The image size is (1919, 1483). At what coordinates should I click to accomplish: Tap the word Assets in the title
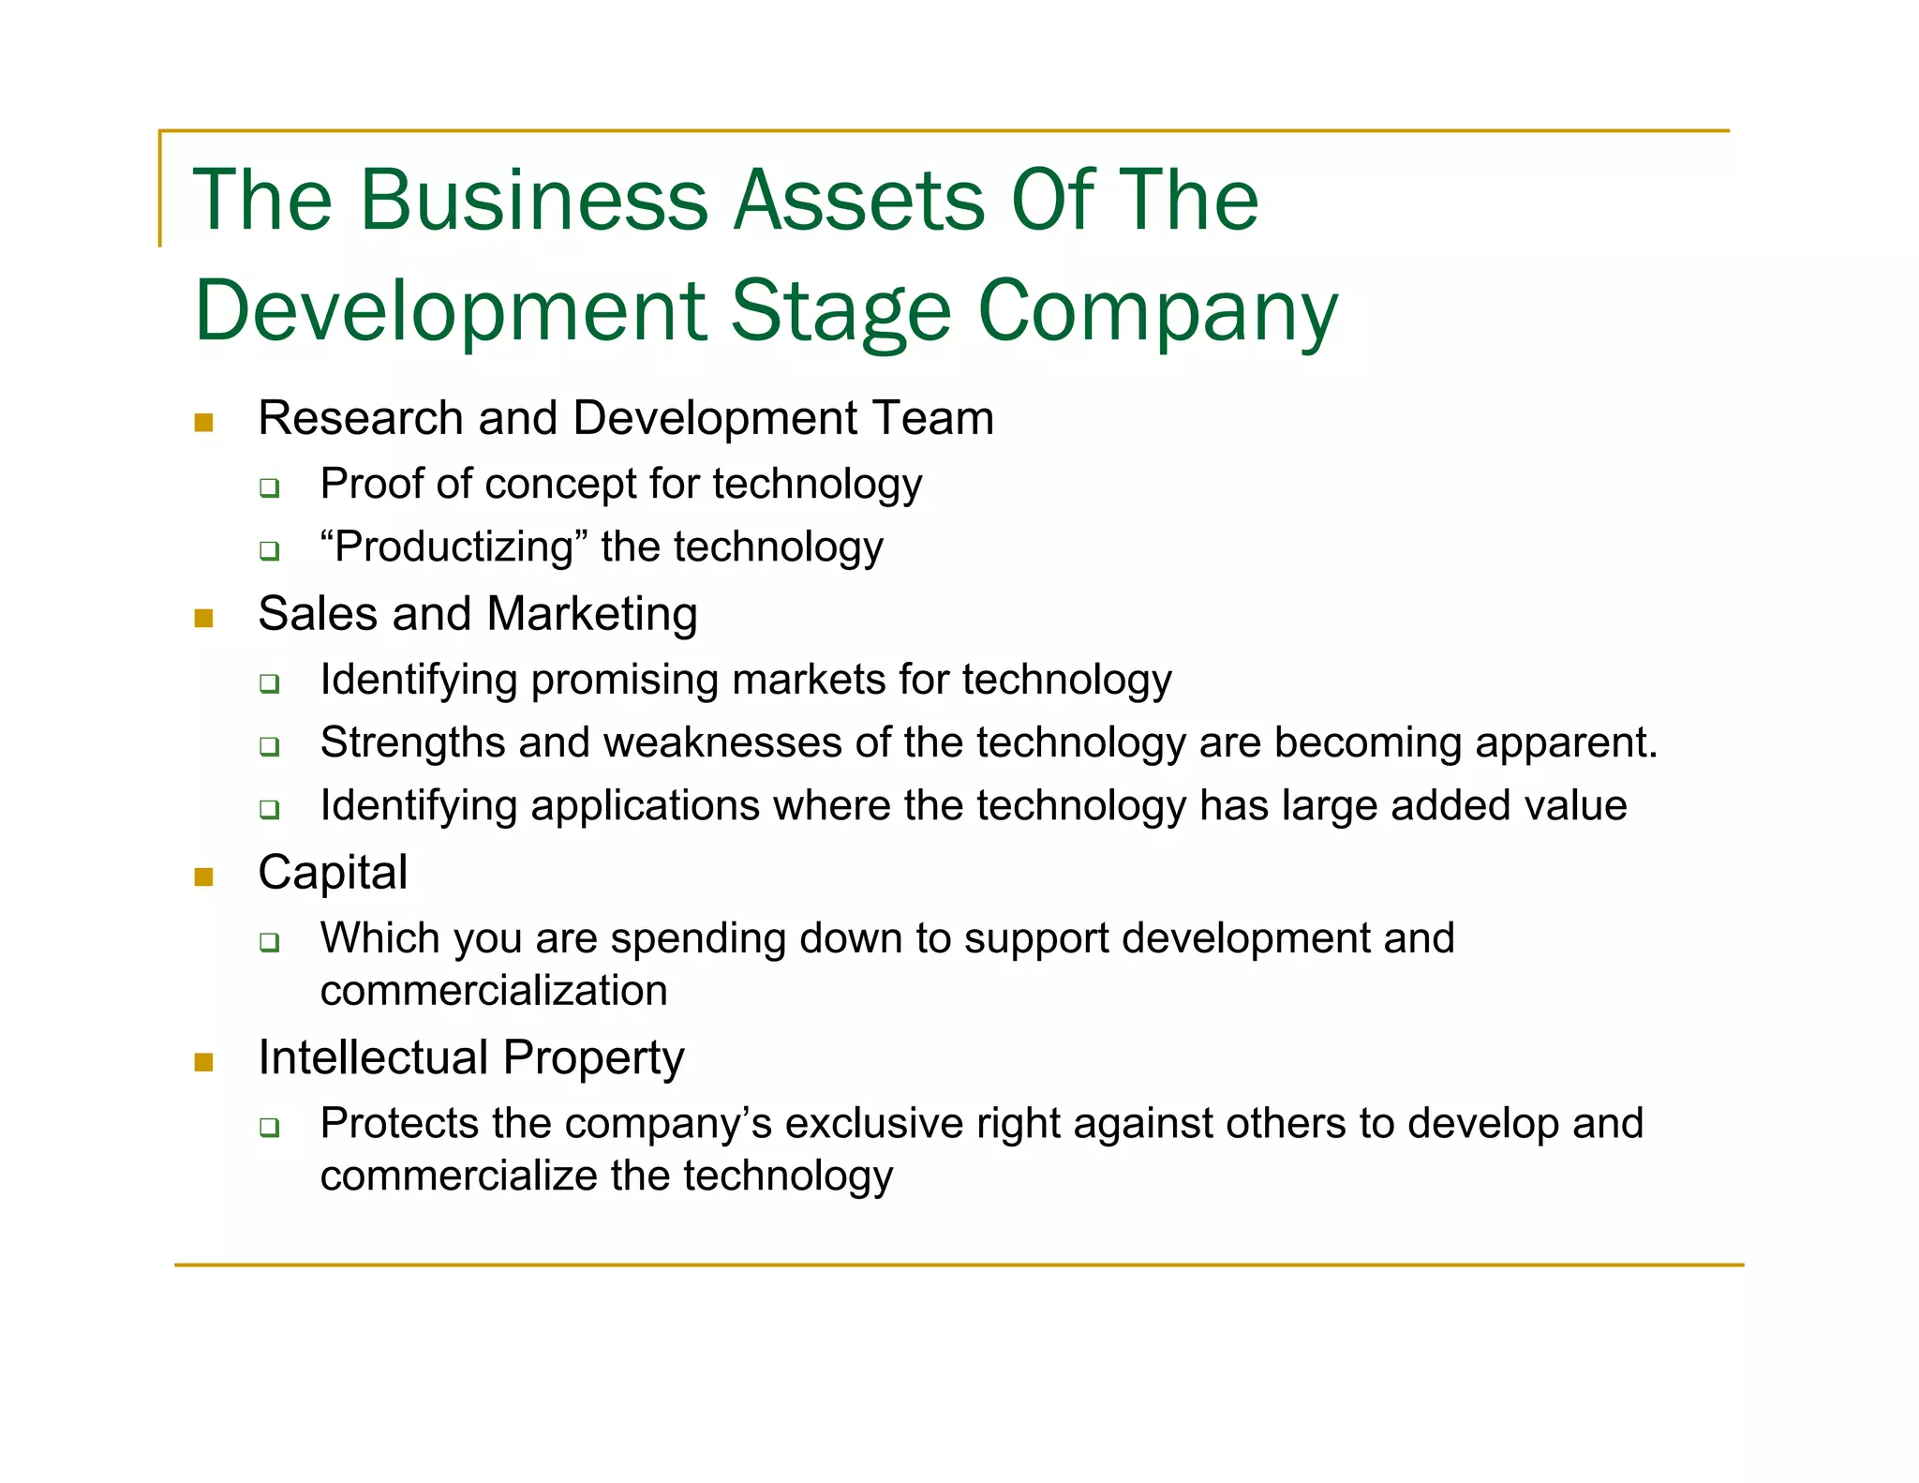coord(858,200)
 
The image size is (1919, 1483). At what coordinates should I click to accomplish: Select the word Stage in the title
coord(840,311)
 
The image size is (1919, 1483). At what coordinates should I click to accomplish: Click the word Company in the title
coord(1158,311)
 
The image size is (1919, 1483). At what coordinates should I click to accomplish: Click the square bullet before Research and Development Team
coord(204,423)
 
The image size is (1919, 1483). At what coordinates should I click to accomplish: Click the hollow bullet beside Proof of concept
coord(270,487)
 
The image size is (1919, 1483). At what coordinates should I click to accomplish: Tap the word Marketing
coord(592,615)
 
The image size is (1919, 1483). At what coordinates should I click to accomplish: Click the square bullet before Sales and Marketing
coord(204,618)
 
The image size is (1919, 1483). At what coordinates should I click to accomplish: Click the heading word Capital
coord(333,873)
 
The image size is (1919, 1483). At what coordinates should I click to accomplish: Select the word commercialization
coord(494,991)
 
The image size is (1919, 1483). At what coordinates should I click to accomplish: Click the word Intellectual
coord(373,1057)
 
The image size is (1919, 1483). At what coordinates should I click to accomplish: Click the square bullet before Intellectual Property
coord(204,1062)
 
